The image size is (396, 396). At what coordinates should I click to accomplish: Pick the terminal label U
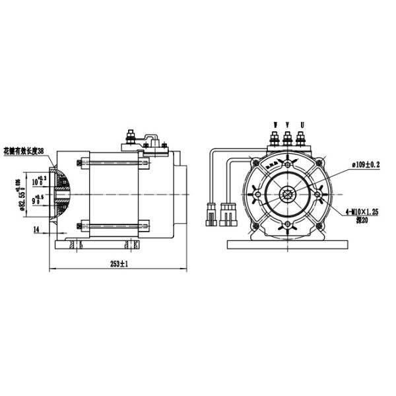click(x=302, y=123)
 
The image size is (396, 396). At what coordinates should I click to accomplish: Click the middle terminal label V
click(x=288, y=123)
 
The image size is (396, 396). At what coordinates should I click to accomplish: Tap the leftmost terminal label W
click(x=274, y=123)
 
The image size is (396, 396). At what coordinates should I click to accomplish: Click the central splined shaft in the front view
click(x=288, y=193)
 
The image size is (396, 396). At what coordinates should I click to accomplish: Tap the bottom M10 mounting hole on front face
click(x=288, y=226)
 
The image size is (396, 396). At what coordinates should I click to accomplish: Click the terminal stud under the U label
click(x=302, y=138)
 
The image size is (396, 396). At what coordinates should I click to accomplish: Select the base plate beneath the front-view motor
click(x=288, y=244)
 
